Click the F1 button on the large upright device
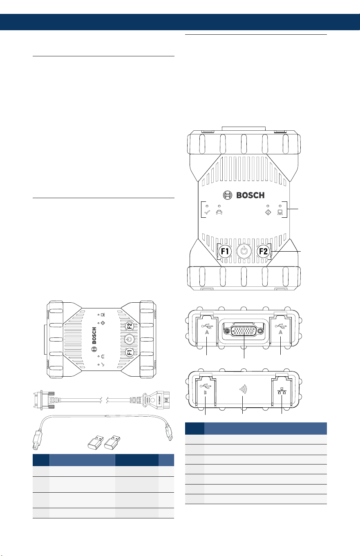[x=225, y=251]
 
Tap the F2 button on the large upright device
[x=263, y=251]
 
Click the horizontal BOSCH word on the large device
[x=250, y=195]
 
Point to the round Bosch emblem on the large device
[x=228, y=195]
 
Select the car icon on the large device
[x=219, y=212]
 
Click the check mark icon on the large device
[x=207, y=212]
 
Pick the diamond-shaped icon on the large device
[x=268, y=212]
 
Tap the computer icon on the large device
[x=280, y=212]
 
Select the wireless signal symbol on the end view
[x=243, y=389]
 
